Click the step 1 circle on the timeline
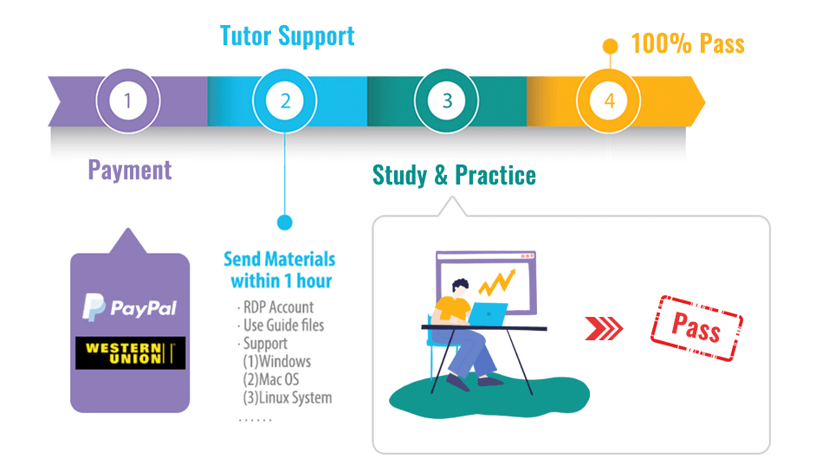128,100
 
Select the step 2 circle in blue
285,100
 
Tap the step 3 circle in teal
447,100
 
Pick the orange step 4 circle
609,100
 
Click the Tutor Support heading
288,36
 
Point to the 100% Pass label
688,44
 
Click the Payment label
129,171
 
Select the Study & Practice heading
454,175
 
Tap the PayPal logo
129,307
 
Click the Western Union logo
130,353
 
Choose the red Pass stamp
696,328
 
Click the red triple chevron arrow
604,329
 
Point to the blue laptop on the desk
488,314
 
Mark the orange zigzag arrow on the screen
497,282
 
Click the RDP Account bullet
275,307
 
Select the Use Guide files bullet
281,326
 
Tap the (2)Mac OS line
271,379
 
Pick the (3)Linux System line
288,397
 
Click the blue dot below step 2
285,223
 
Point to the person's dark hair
460,285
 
